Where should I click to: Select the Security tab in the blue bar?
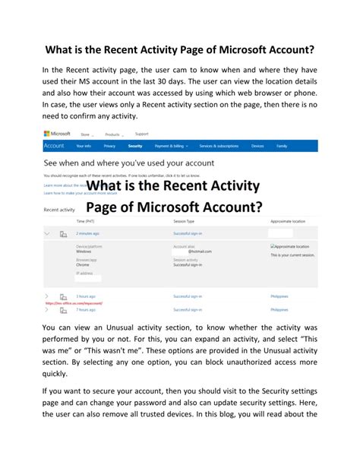tap(134, 145)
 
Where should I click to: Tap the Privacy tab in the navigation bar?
tap(109, 145)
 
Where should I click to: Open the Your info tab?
tap(82, 145)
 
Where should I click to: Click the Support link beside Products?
tap(141, 134)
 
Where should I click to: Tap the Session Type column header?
tap(184, 221)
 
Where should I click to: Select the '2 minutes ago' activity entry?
tap(87, 234)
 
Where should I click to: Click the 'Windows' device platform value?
tap(85, 252)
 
